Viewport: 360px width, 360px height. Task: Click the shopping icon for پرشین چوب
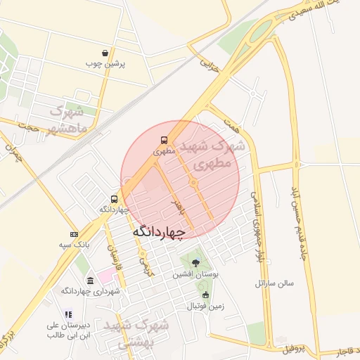pyautogui.click(x=105, y=53)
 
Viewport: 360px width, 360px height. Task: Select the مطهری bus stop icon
pyautogui.click(x=164, y=140)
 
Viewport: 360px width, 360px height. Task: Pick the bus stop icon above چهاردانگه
pyautogui.click(x=114, y=199)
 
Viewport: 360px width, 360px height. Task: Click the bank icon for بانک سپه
pyautogui.click(x=74, y=234)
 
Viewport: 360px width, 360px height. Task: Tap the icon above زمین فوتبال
pyautogui.click(x=205, y=295)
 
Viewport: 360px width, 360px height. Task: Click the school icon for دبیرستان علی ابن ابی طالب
pyautogui.click(x=68, y=314)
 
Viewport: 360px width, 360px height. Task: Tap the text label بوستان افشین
pyautogui.click(x=195, y=275)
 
